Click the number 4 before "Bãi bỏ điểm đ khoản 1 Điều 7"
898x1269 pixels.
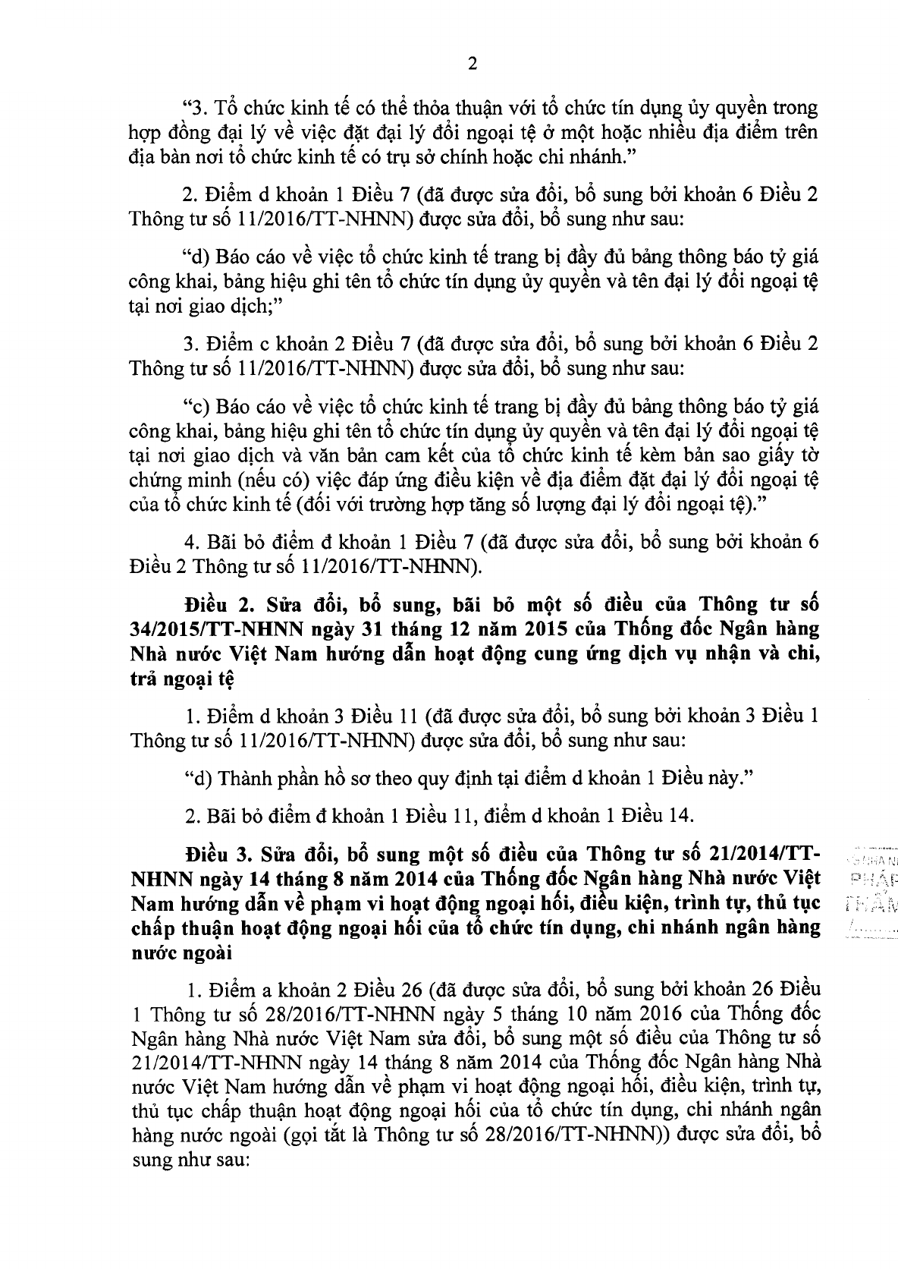[190, 542]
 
